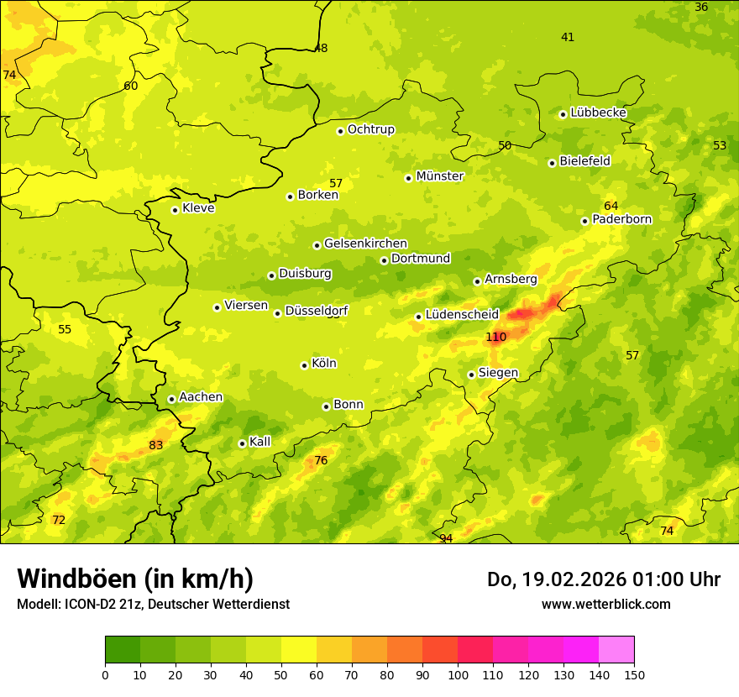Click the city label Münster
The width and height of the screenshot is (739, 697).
click(439, 176)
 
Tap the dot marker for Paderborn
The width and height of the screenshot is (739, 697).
click(584, 221)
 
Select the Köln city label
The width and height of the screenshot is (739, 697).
click(323, 364)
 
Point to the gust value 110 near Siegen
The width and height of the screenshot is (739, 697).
click(496, 337)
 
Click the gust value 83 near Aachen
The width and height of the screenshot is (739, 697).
click(156, 445)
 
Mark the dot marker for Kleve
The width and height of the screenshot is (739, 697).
click(175, 210)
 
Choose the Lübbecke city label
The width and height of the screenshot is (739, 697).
click(598, 113)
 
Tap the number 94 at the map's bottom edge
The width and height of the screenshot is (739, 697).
click(446, 538)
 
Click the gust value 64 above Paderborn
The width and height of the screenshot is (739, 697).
click(611, 206)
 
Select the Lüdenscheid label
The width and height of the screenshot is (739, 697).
click(462, 315)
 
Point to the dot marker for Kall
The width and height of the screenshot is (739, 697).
click(242, 443)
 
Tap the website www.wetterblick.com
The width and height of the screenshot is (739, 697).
click(605, 604)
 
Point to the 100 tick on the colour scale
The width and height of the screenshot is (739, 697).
click(458, 673)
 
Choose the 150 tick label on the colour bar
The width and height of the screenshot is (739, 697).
click(634, 673)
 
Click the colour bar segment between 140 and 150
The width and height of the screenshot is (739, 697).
click(616, 650)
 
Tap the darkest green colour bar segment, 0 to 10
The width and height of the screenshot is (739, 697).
click(123, 650)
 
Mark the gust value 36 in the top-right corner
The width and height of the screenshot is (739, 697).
click(701, 8)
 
